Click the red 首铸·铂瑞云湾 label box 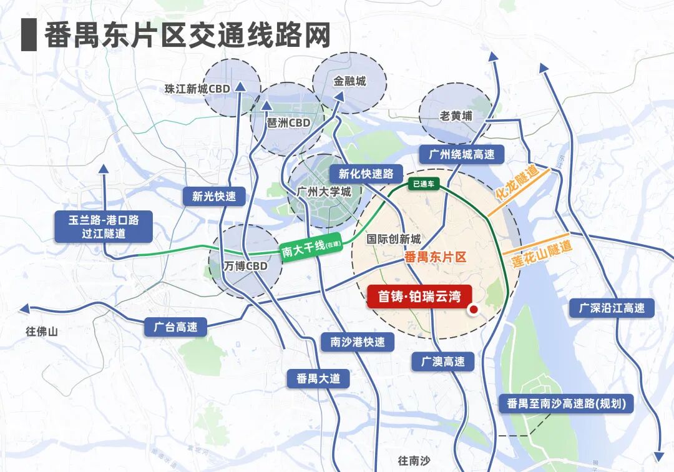click(x=418, y=297)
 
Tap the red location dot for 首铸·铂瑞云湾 click(x=473, y=309)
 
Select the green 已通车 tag click(x=424, y=184)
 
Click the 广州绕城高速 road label click(x=462, y=154)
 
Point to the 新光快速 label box click(x=214, y=196)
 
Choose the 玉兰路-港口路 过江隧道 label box click(x=103, y=227)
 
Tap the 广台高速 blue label click(x=175, y=327)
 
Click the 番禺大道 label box click(x=318, y=378)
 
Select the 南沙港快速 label click(x=358, y=342)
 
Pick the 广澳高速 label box click(x=442, y=361)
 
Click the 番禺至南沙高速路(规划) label click(x=566, y=403)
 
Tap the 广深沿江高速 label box click(x=612, y=308)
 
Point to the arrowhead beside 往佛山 click(x=25, y=308)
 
